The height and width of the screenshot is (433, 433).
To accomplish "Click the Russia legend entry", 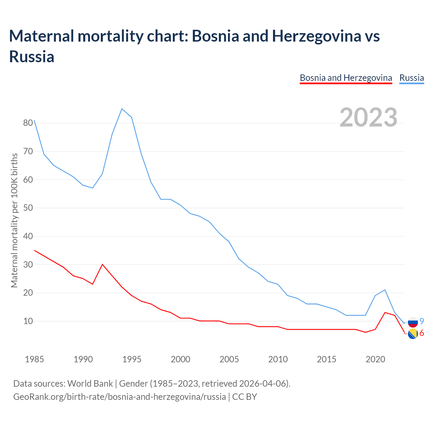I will tap(411, 78).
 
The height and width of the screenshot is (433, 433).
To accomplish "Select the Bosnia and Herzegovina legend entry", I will tap(346, 78).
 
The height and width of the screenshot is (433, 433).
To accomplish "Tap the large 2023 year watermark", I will tap(368, 117).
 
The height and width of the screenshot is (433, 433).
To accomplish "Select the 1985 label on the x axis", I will tap(34, 359).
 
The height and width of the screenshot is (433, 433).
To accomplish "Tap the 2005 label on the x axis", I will tap(229, 359).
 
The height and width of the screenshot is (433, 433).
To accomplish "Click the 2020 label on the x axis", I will tap(375, 359).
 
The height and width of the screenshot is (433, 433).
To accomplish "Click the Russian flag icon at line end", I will tap(413, 322).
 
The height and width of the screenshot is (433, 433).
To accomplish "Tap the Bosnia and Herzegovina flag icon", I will tap(413, 334).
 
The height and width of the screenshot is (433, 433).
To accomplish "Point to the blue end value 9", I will tap(422, 321).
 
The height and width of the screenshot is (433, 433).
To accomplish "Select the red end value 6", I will tap(422, 333).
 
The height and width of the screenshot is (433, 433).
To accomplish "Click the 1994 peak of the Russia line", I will tap(122, 109).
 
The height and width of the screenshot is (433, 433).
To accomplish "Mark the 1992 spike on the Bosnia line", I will tap(102, 264).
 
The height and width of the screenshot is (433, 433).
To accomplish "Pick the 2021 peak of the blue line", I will tap(385, 290).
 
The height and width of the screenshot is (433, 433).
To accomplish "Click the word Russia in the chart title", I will tap(32, 56).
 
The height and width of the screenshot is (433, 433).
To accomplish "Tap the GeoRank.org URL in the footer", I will tap(119, 396).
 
